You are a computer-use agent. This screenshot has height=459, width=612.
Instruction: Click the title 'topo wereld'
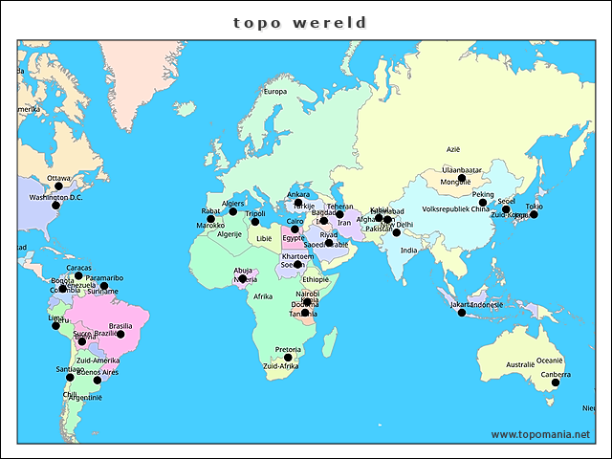pos(300,22)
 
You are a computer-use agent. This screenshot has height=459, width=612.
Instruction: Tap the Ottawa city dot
pos(58,187)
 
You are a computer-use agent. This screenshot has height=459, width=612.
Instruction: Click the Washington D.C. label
pos(55,197)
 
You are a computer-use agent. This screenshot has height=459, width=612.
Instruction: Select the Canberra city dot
pos(556,382)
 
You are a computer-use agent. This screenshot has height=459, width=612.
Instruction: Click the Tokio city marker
pos(534,215)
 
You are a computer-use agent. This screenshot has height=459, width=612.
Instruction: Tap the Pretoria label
pos(288,349)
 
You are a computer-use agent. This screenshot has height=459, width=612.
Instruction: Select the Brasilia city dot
pos(120,335)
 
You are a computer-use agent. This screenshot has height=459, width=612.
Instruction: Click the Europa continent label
pos(274,92)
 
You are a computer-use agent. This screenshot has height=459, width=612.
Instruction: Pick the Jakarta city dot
pos(462,313)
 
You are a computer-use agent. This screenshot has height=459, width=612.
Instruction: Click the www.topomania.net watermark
pos(540,434)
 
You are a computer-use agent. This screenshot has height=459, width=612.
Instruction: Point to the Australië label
pos(519,364)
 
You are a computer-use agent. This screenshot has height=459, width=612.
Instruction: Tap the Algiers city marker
pos(232,211)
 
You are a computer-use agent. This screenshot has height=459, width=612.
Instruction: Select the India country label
pos(408,251)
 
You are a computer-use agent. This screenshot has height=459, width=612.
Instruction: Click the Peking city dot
pos(483,203)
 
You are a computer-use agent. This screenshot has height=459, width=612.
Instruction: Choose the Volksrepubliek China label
pos(455,208)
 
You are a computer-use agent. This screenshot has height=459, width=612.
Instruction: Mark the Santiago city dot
pos(70,378)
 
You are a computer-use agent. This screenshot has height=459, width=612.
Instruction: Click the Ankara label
pos(298,194)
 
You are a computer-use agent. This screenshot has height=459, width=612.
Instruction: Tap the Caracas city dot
pos(78,275)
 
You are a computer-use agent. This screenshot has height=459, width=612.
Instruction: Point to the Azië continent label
pos(453,149)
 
